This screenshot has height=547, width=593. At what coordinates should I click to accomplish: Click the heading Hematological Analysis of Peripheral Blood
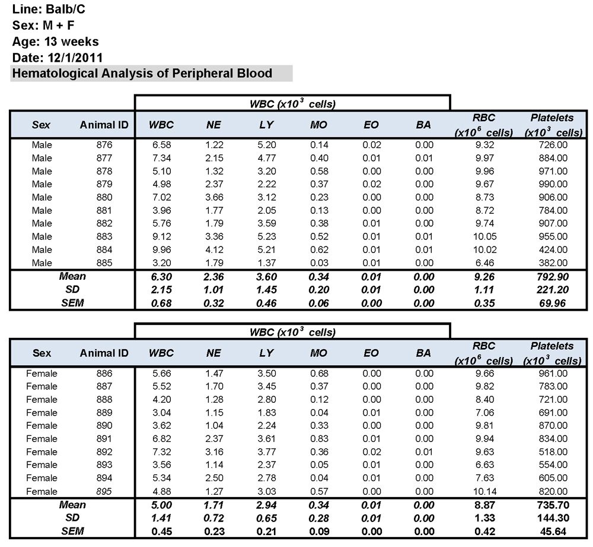(142, 74)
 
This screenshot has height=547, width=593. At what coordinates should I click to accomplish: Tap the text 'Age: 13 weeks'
(55, 42)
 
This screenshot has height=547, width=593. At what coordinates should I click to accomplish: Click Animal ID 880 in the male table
(104, 197)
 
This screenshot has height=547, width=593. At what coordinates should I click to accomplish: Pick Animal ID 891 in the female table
(104, 439)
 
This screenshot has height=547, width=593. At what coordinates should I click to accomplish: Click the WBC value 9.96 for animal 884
(161, 249)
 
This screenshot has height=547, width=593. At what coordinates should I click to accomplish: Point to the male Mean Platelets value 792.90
(551, 276)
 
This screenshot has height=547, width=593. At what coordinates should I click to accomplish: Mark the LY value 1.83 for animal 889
(266, 413)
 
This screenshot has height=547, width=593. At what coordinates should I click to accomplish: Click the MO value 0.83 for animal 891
(318, 439)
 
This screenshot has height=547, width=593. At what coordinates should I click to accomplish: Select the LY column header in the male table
(266, 125)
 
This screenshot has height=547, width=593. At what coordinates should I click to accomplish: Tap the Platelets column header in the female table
(552, 353)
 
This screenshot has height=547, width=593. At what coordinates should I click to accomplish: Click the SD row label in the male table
(72, 289)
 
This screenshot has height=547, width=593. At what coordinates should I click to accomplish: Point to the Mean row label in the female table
(72, 505)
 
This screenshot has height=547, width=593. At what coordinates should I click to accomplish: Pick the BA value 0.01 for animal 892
(423, 452)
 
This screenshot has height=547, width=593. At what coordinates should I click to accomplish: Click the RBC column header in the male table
(484, 125)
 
